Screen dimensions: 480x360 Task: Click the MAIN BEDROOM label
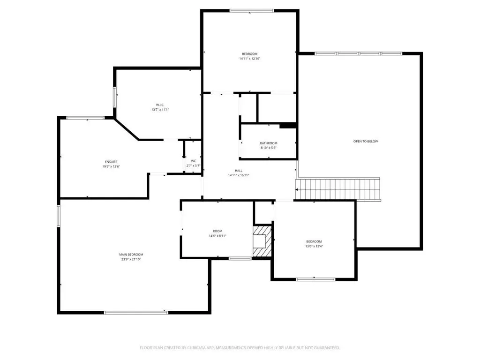[x=131, y=255]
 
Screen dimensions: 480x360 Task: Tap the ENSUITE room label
[x=111, y=162]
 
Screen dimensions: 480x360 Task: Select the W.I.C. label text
[x=160, y=105]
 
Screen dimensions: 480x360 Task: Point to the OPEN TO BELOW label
[x=366, y=142]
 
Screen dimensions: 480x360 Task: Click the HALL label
[x=239, y=171]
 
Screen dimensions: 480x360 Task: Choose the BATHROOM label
[x=269, y=143]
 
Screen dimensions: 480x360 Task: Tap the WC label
[x=194, y=161]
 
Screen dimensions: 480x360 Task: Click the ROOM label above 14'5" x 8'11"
[x=217, y=231]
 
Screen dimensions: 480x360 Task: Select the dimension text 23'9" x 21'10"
[x=131, y=259]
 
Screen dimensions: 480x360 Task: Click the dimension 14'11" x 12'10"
[x=250, y=59]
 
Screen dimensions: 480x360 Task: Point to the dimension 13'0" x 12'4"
[x=314, y=246]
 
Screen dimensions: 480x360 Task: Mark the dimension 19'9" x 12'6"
[x=111, y=166]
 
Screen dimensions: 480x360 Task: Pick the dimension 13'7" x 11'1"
[x=160, y=110]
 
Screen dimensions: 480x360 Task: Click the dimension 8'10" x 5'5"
[x=269, y=148]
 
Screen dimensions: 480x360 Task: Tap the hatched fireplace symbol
[x=262, y=241]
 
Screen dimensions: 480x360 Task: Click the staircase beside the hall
[x=337, y=189]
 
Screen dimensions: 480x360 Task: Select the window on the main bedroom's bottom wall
[x=136, y=312]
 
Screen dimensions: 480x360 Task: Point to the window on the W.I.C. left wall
[x=115, y=97]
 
